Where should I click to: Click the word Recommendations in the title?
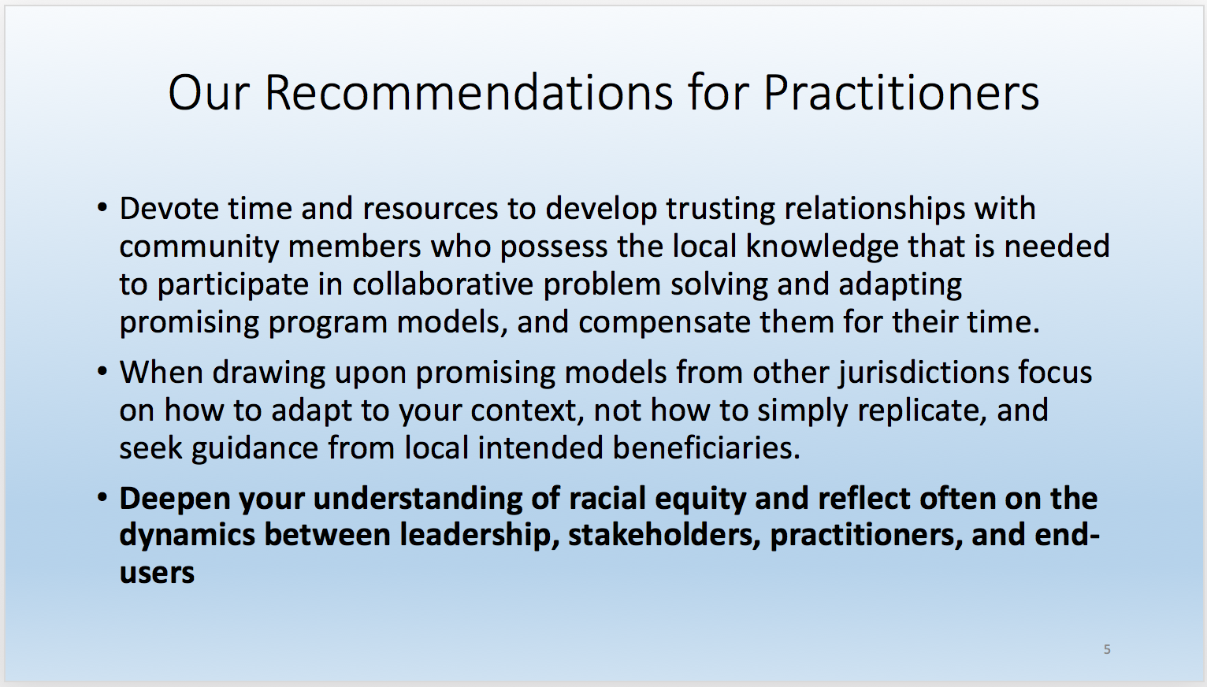pos(469,93)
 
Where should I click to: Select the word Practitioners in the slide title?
pos(901,93)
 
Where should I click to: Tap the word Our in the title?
pos(209,93)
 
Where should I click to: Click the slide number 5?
pos(1107,649)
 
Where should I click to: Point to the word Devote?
pos(169,209)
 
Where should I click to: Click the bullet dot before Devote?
pos(102,207)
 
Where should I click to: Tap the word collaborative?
pos(443,284)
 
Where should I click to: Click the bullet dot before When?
pos(102,371)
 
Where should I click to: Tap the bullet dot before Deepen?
pos(102,497)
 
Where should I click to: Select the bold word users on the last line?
pos(157,574)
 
